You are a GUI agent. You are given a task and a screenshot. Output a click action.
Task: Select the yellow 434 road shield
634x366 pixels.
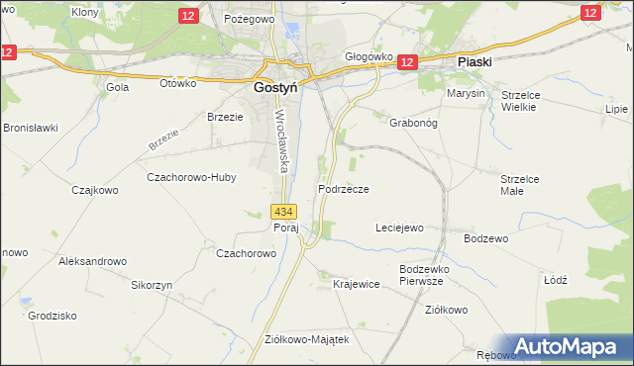[282, 212]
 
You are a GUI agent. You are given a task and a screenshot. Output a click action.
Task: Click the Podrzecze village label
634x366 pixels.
[344, 188]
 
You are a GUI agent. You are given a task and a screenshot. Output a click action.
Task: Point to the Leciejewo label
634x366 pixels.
[399, 228]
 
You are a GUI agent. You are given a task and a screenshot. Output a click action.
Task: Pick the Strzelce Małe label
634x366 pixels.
[519, 185]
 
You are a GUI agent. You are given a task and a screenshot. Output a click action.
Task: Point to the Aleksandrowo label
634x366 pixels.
[93, 261]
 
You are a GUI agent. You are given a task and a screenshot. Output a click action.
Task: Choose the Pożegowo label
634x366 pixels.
[249, 19]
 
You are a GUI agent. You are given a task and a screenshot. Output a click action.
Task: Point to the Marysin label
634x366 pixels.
[466, 93]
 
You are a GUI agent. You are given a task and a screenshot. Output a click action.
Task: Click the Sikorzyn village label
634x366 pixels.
[152, 284]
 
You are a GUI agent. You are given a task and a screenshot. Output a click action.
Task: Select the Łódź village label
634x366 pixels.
[556, 280]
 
